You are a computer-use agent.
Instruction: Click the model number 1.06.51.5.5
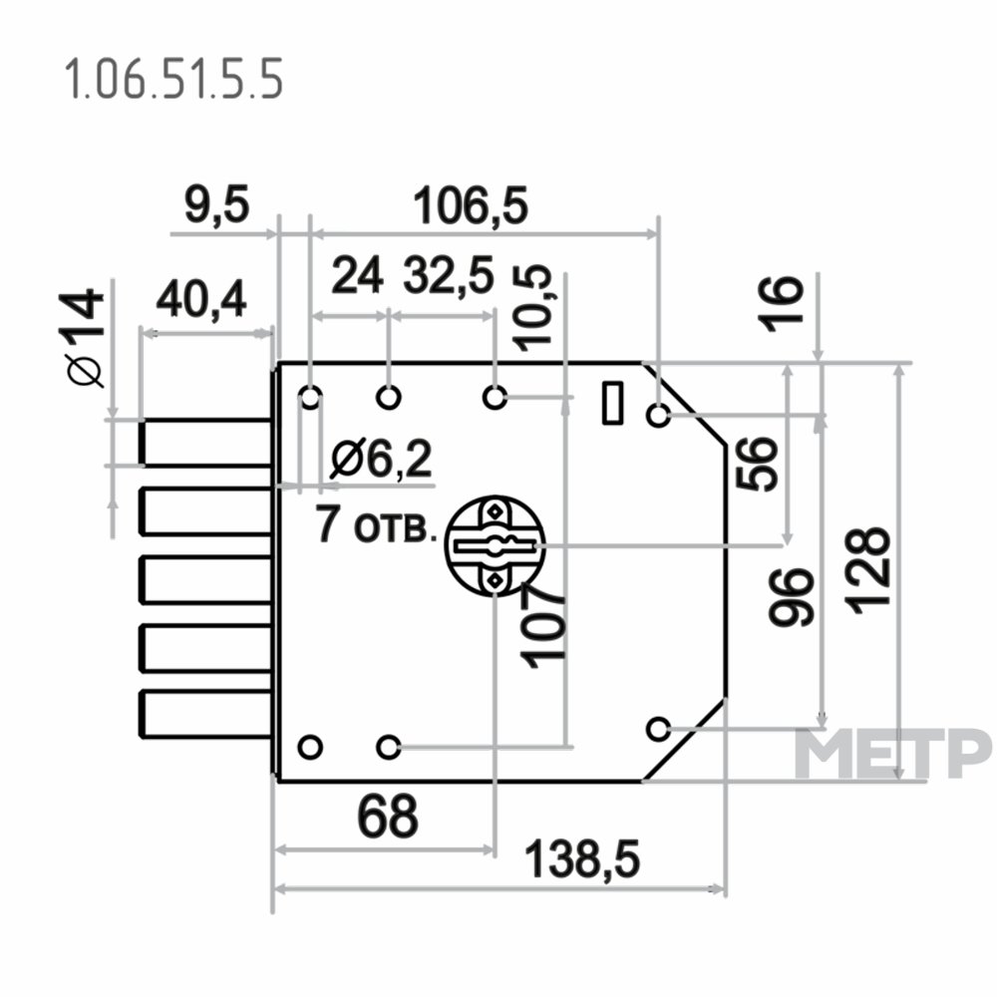click(172, 80)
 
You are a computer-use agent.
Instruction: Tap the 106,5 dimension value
click(471, 205)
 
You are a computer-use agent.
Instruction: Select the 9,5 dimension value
click(217, 205)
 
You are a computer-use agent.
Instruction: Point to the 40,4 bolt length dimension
click(201, 299)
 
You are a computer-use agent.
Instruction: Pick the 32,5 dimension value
click(449, 275)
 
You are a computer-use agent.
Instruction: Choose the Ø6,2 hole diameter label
click(382, 459)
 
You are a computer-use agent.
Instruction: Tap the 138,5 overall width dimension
click(582, 859)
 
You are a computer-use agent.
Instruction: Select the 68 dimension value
click(388, 816)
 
